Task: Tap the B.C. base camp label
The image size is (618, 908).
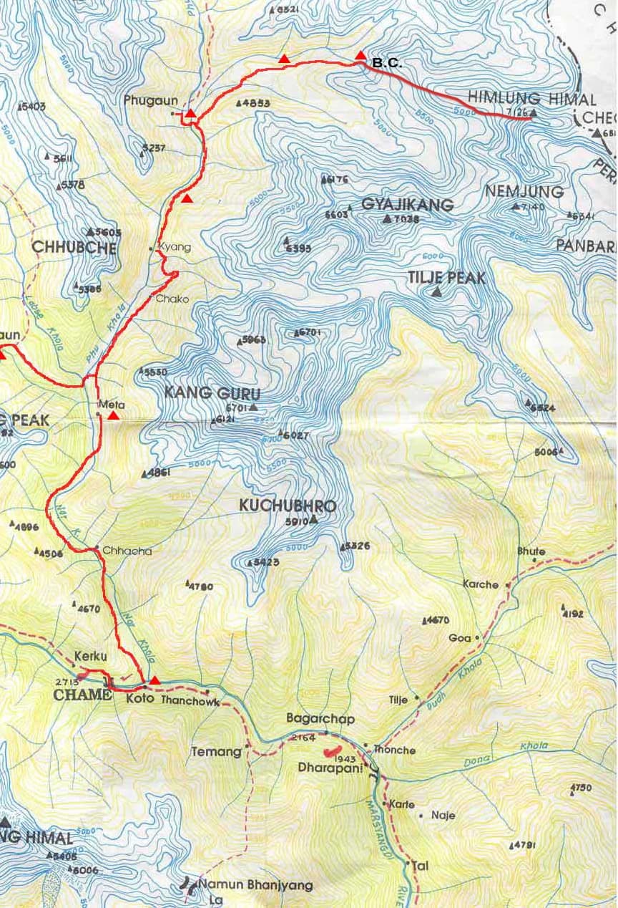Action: pyautogui.click(x=387, y=64)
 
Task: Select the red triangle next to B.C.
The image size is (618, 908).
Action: pyautogui.click(x=360, y=56)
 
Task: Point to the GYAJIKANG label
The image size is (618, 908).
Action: pyautogui.click(x=407, y=205)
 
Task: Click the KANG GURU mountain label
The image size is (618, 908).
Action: pyautogui.click(x=212, y=393)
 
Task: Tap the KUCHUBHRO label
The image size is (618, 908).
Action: pyautogui.click(x=288, y=506)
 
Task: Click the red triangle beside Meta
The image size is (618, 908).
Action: pyautogui.click(x=113, y=415)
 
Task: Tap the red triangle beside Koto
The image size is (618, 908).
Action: pyautogui.click(x=154, y=680)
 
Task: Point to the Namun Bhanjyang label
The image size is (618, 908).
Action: pyautogui.click(x=255, y=885)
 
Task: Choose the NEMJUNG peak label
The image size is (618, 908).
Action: pyautogui.click(x=524, y=192)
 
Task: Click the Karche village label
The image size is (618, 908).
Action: pyautogui.click(x=481, y=584)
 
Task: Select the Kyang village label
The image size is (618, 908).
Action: pyautogui.click(x=171, y=246)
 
